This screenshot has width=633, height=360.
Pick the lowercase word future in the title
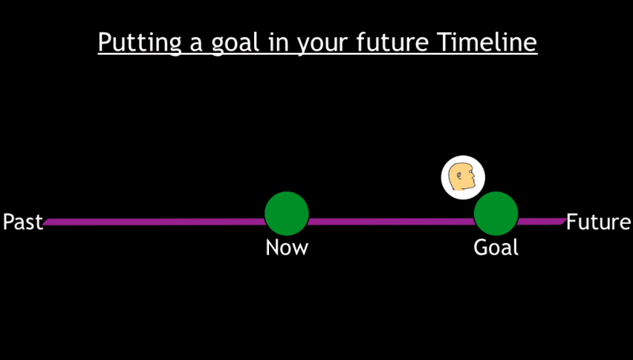point(392,42)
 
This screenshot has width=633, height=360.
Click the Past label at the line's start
point(22,222)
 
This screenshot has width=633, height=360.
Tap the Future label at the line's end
point(598,222)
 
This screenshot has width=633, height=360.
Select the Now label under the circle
point(286,248)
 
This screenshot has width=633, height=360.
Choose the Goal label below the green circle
point(496,248)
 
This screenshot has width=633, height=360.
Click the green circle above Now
point(286,214)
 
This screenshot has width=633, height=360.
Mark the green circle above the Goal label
point(496,214)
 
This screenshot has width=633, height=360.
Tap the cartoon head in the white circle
point(462,177)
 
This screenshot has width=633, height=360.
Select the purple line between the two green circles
point(391,222)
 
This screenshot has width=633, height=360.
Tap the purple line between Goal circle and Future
point(542,221)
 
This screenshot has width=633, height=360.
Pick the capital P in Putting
point(104,41)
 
